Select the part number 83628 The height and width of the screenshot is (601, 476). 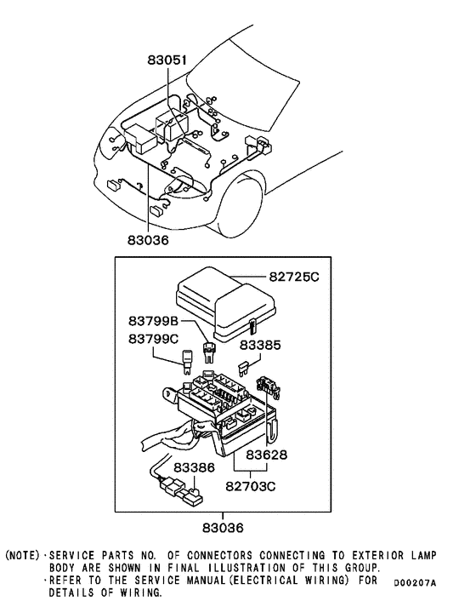[268, 455]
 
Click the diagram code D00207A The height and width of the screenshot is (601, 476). [415, 583]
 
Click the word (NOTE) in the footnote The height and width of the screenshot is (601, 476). [23, 555]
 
